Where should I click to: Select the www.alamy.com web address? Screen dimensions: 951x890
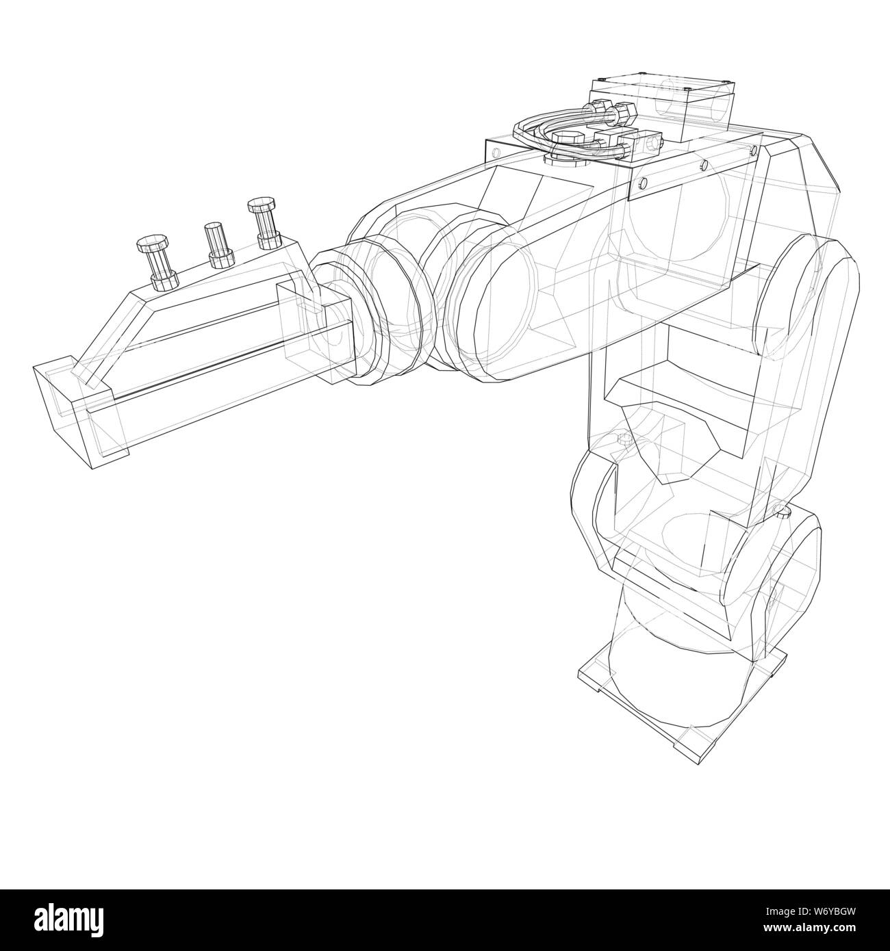[x=807, y=930]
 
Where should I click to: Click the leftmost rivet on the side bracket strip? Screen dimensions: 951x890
[x=642, y=181]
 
